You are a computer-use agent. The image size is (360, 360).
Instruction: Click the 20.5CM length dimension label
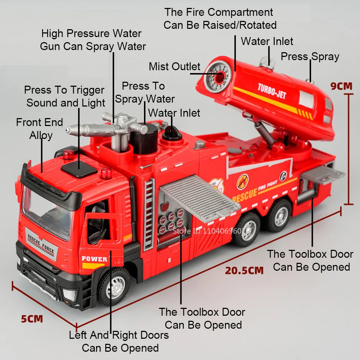point(244,270)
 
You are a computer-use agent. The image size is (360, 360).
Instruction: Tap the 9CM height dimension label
point(342,86)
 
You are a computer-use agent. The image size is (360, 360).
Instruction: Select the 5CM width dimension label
point(32,319)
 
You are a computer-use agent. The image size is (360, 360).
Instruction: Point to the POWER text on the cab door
point(94,259)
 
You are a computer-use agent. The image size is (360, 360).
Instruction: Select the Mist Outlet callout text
point(175,67)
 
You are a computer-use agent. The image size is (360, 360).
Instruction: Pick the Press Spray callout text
point(310,57)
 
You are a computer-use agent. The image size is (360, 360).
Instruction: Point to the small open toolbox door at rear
point(323,175)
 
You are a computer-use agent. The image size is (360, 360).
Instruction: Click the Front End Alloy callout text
point(40,129)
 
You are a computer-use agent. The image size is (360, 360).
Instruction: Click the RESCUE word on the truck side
point(245,195)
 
